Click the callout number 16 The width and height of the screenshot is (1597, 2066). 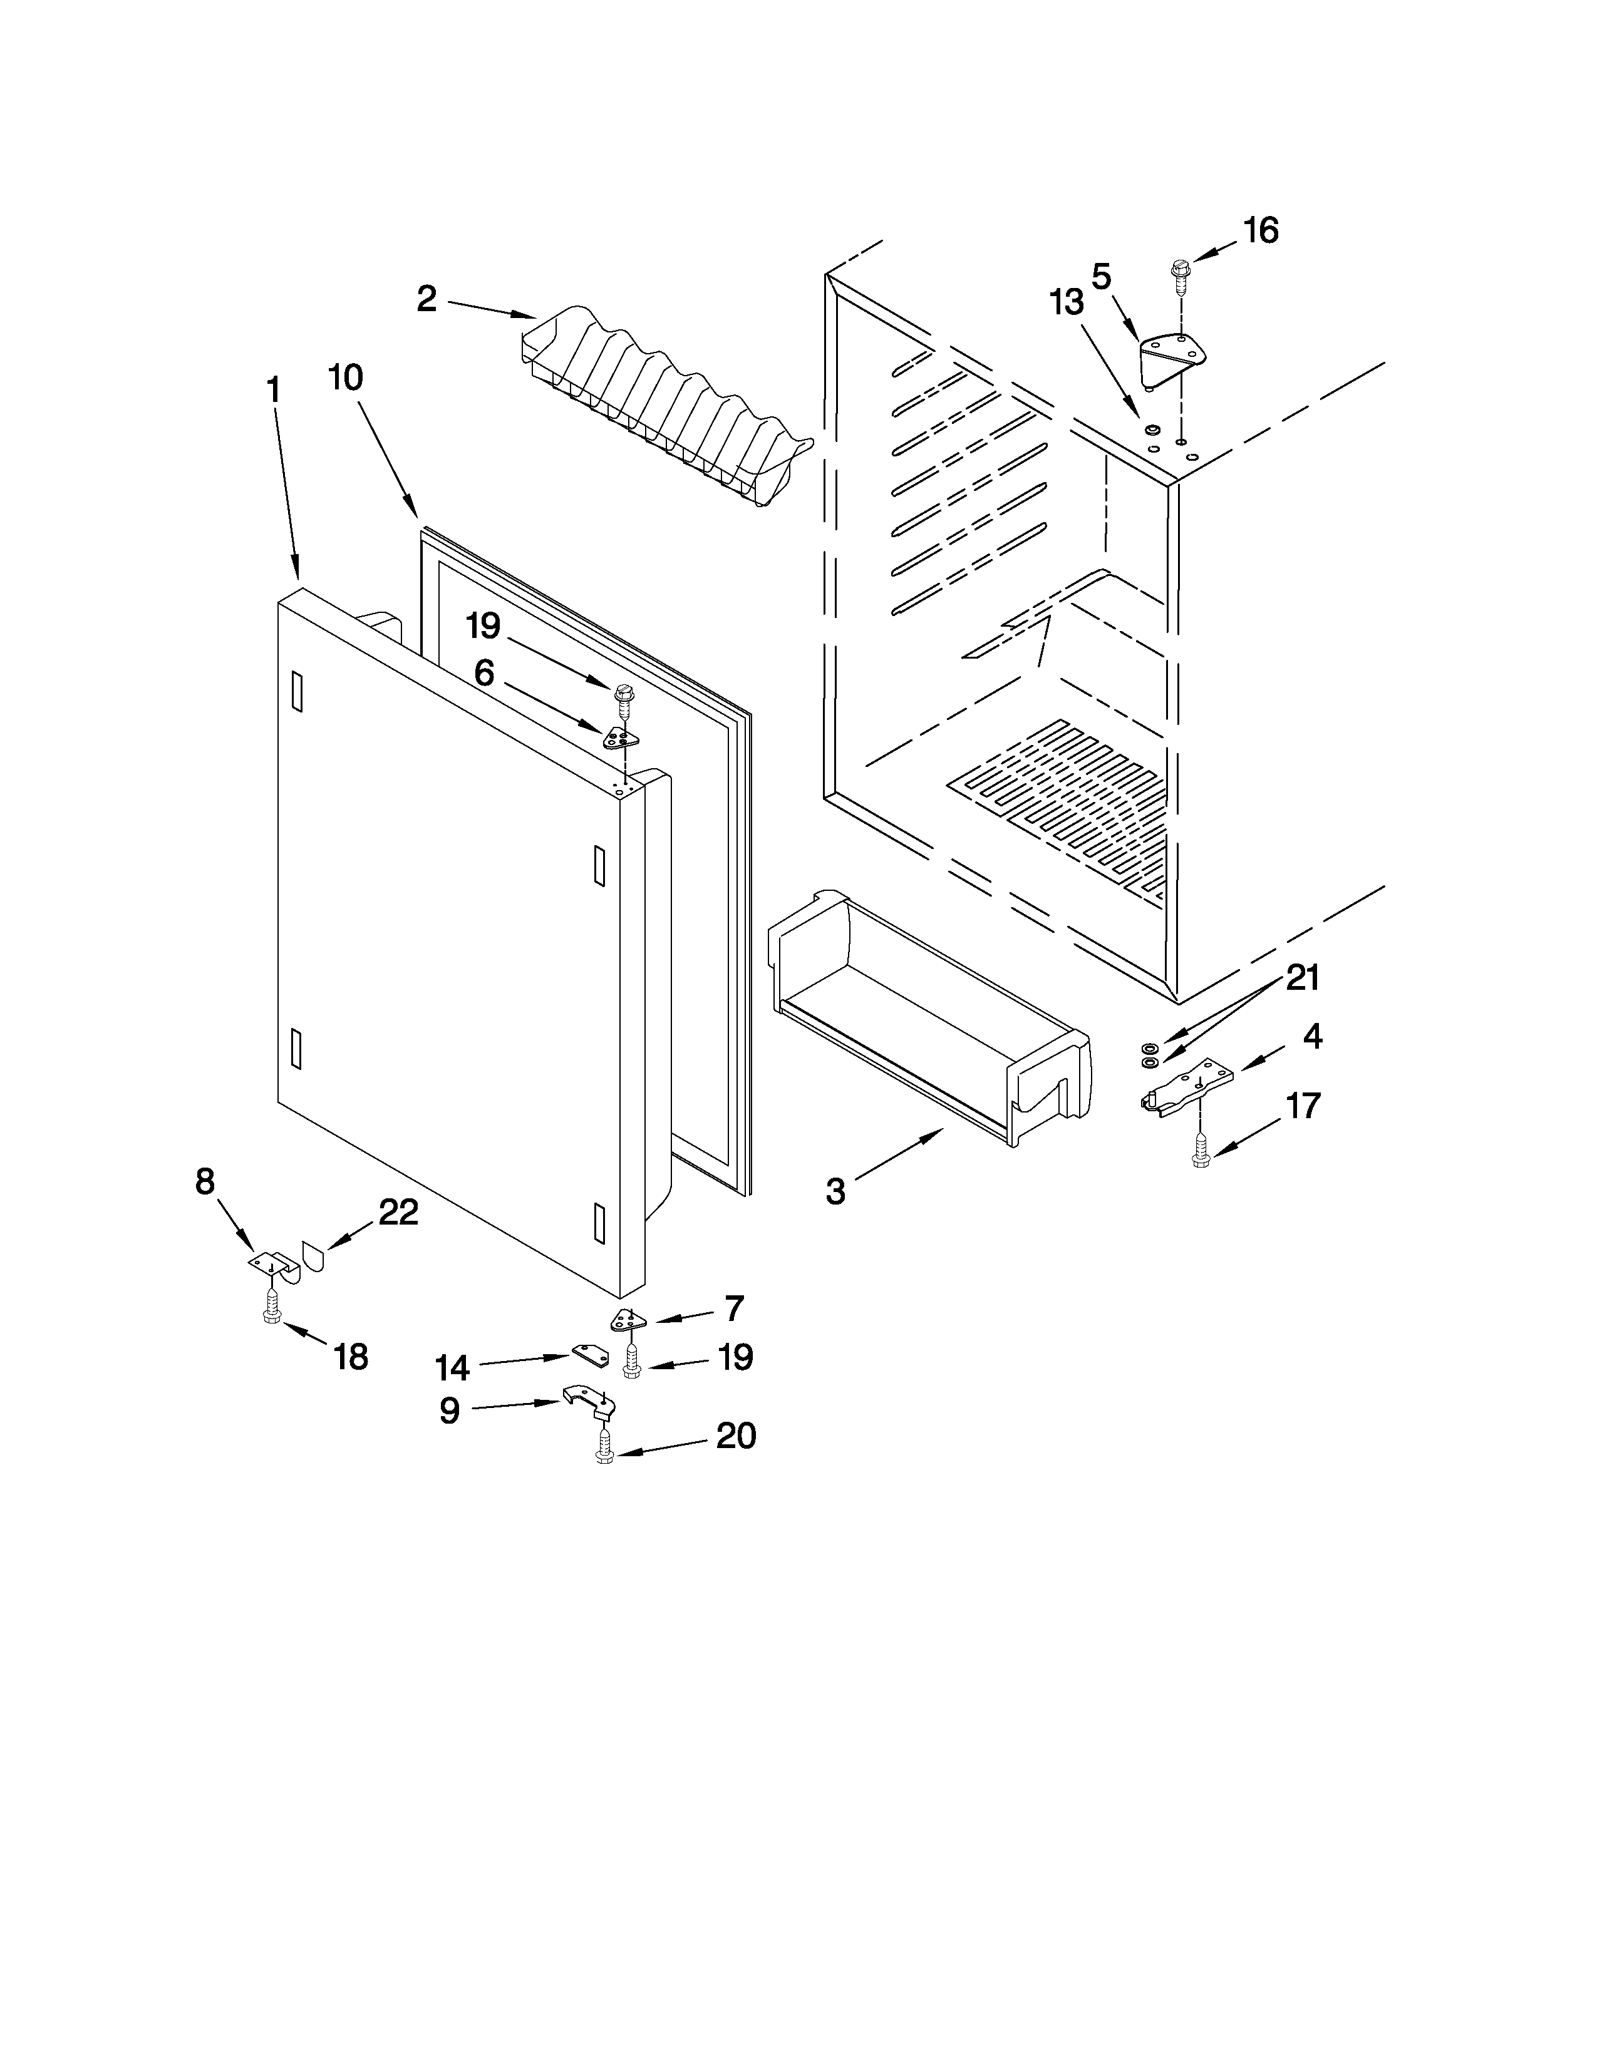(1260, 230)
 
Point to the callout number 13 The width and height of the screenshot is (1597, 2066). (1067, 304)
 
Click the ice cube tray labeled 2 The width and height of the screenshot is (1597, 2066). (662, 407)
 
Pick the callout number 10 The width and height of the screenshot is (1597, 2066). (345, 378)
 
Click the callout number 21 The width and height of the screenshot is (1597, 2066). (1302, 978)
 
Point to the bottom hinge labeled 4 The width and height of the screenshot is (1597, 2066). (1187, 1088)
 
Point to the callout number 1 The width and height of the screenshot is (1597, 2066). (274, 390)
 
